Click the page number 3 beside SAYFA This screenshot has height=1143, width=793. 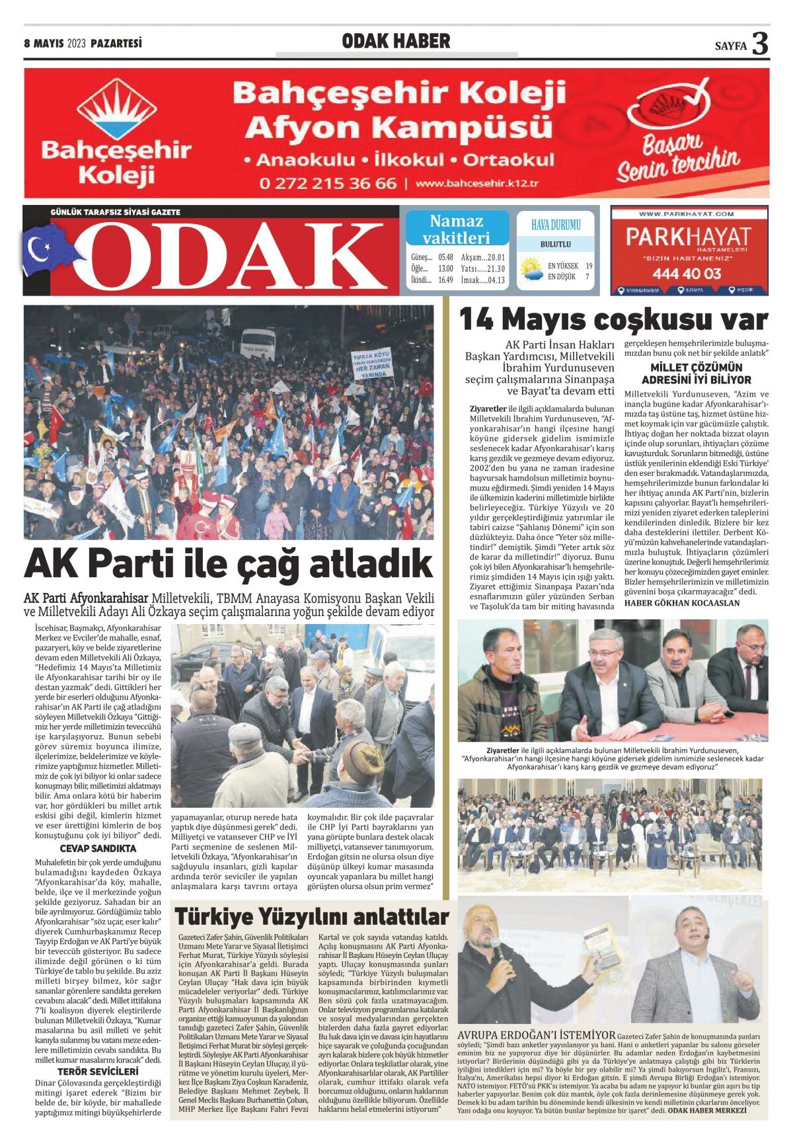click(x=761, y=44)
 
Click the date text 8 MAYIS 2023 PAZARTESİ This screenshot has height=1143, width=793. click(x=83, y=44)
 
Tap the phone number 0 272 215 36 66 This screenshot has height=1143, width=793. click(x=328, y=182)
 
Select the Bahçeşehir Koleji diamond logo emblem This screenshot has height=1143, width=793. click(x=116, y=110)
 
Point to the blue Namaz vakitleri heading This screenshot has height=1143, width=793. click(x=457, y=229)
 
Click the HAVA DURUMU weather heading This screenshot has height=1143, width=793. click(x=556, y=225)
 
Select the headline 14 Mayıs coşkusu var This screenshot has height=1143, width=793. click(x=613, y=320)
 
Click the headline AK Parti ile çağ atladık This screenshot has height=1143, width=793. click(x=228, y=564)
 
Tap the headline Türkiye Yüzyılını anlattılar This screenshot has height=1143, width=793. click(x=311, y=917)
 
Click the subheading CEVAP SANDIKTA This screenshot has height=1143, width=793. click(x=98, y=848)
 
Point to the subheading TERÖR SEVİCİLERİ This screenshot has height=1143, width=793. click(x=98, y=1071)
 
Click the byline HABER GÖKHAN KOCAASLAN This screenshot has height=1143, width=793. click(x=682, y=603)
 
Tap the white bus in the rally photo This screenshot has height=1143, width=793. click(x=258, y=342)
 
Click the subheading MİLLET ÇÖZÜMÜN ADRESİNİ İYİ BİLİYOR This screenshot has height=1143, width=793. click(x=696, y=374)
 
